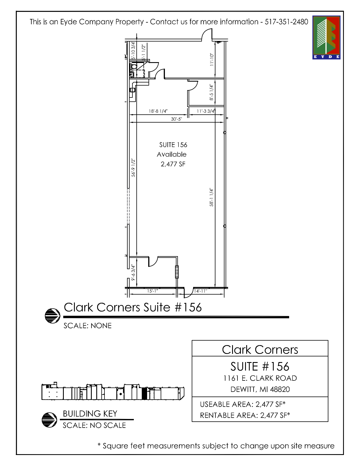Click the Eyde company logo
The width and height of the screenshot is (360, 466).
326,37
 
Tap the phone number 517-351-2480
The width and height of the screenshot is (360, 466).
286,22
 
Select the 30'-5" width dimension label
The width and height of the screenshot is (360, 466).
176,119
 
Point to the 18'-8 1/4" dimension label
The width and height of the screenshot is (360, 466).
158,111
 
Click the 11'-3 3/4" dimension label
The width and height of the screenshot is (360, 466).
205,111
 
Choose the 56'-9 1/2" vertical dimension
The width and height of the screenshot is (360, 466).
133,168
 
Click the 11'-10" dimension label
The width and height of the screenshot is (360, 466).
212,60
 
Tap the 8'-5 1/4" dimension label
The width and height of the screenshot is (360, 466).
211,92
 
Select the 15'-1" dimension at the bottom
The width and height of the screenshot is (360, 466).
152,291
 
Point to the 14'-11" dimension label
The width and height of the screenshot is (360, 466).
200,291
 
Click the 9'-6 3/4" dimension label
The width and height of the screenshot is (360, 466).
133,273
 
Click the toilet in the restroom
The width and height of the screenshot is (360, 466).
134,67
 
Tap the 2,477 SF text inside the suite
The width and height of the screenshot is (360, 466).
173,164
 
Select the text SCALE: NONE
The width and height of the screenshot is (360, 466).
88,326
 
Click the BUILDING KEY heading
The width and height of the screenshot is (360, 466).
90,413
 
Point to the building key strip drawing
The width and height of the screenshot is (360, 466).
113,392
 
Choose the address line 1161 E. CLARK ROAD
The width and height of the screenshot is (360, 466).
260,378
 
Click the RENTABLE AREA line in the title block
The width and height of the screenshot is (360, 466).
245,415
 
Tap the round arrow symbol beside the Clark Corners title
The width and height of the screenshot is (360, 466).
53,315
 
